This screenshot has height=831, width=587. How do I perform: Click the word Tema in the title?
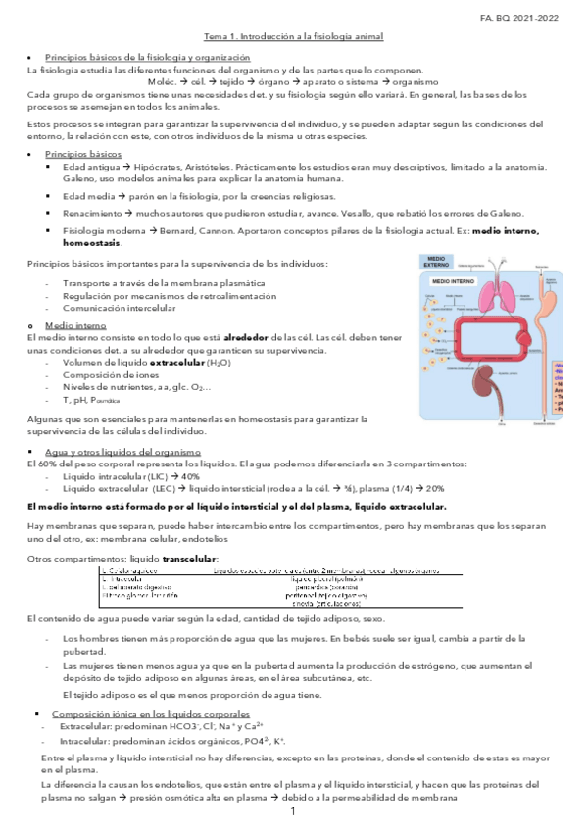[215, 36]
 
